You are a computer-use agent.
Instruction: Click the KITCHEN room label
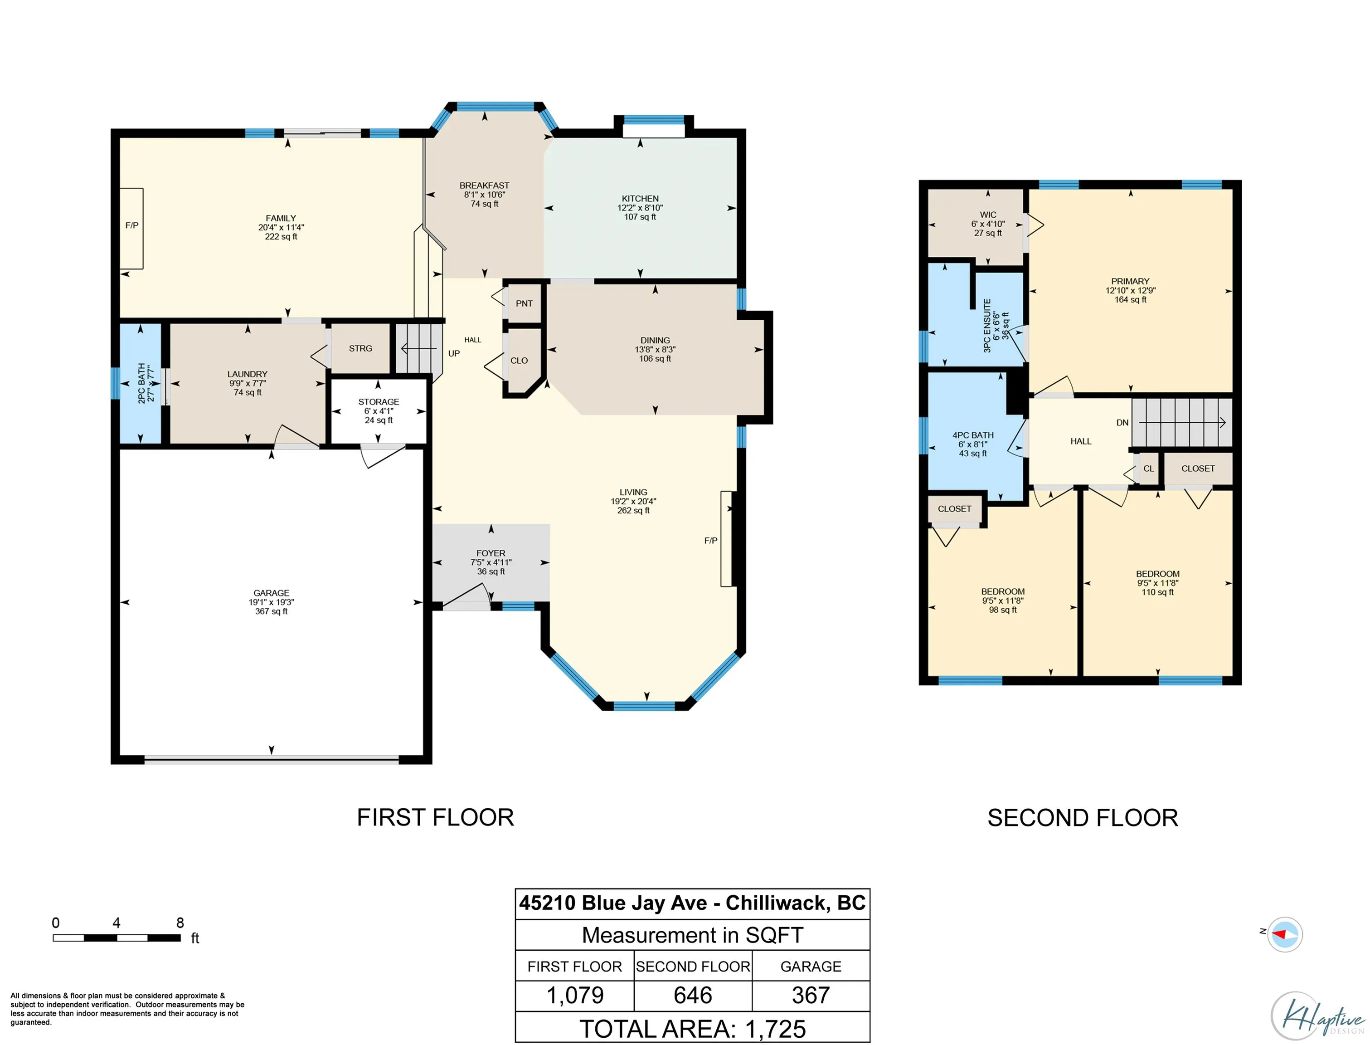[640, 198]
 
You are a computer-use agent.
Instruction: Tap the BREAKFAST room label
[484, 186]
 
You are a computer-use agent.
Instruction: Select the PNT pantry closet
[524, 303]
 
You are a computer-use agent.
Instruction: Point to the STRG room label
[360, 348]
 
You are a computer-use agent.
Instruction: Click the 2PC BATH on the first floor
[141, 383]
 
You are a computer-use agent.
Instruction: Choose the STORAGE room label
[379, 402]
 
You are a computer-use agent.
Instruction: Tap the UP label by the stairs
[454, 353]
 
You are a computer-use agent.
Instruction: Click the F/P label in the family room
[132, 225]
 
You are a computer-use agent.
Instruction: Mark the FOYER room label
[491, 553]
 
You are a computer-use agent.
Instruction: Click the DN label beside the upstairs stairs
[1122, 422]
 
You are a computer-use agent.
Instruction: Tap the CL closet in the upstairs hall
[1148, 469]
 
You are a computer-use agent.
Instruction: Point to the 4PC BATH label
[973, 435]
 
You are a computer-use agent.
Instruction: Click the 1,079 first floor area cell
[575, 995]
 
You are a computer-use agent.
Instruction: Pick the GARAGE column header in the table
[811, 966]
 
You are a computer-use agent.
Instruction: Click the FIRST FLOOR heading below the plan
[436, 817]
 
